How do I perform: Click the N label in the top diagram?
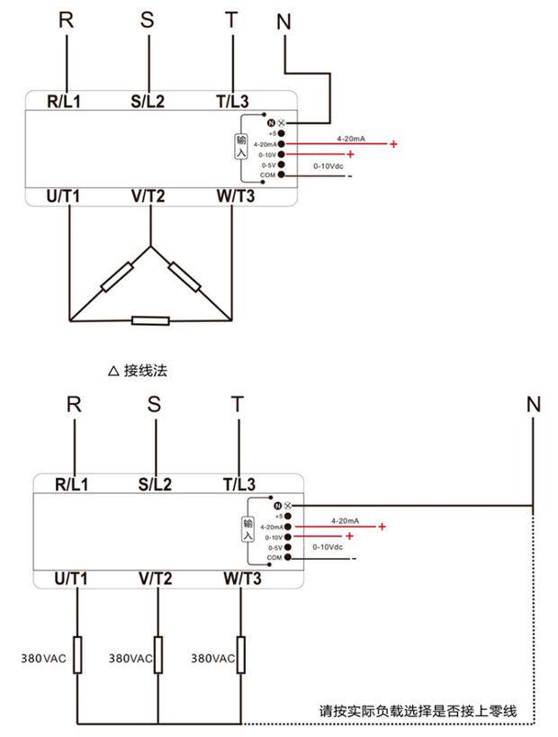[284, 22]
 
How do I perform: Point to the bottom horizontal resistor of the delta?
[150, 320]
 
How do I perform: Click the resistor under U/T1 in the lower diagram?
[77, 655]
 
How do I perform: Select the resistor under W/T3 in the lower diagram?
[241, 655]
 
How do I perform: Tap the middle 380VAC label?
[130, 659]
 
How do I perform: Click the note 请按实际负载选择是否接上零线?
[418, 711]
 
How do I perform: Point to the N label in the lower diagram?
[534, 405]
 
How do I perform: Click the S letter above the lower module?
[155, 404]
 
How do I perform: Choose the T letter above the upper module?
[232, 20]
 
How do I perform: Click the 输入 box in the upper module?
[240, 147]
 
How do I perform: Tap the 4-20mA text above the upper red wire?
[350, 139]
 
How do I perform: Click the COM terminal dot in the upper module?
[282, 175]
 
